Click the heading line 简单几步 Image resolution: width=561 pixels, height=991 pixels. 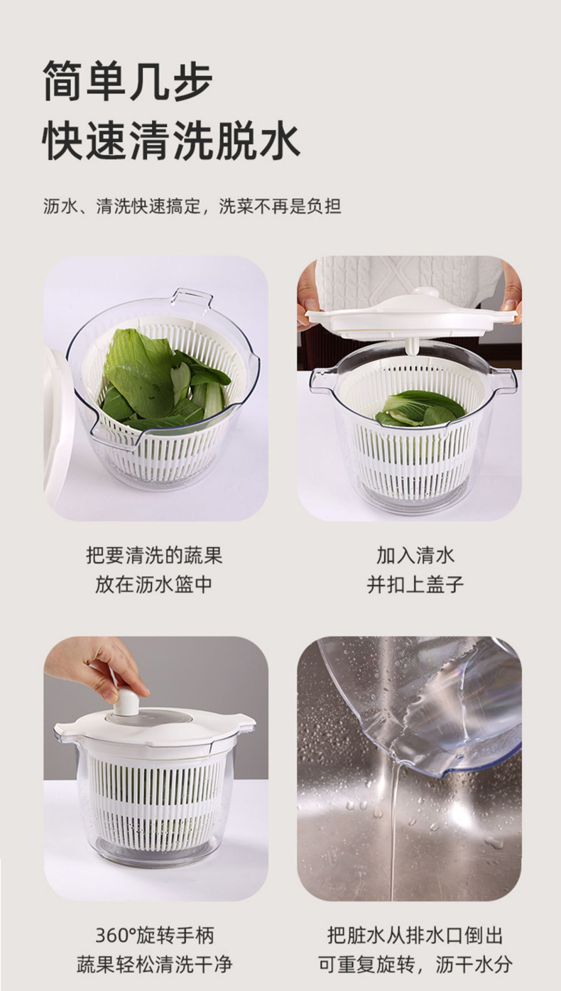pyautogui.click(x=128, y=81)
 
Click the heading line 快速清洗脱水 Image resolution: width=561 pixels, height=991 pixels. pyautogui.click(x=171, y=141)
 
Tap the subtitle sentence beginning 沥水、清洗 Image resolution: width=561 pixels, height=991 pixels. pyautogui.click(x=192, y=207)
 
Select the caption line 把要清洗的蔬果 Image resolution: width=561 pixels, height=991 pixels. pyautogui.click(x=154, y=555)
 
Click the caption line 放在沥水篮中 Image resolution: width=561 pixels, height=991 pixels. pyautogui.click(x=154, y=585)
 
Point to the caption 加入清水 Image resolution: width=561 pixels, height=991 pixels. pyautogui.click(x=415, y=555)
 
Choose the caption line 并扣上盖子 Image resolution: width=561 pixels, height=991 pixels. pyautogui.click(x=415, y=585)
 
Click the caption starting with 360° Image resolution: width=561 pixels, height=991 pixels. pyautogui.click(x=154, y=935)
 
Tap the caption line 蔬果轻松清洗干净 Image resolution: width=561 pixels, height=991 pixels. pyautogui.click(x=154, y=965)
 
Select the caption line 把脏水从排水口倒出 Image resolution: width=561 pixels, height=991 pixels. pyautogui.click(x=415, y=935)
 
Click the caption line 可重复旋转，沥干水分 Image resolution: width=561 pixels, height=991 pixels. pyautogui.click(x=415, y=965)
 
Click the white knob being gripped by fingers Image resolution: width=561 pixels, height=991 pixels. pyautogui.click(x=126, y=701)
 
